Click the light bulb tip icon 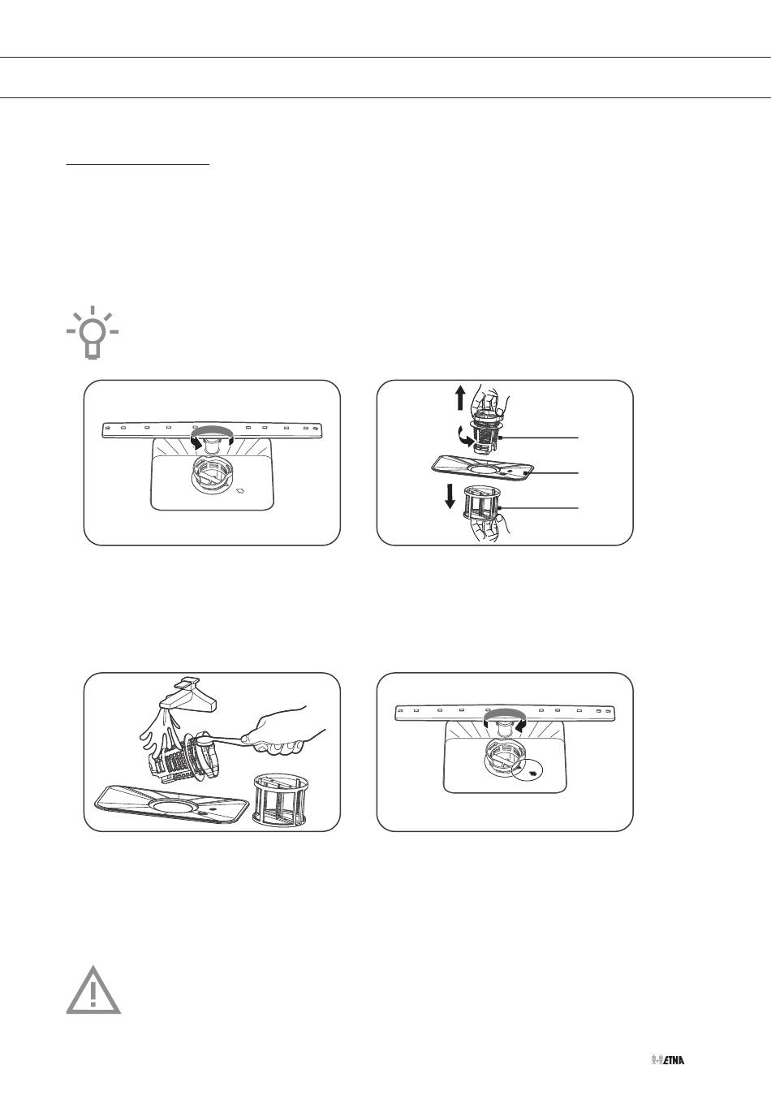point(93,333)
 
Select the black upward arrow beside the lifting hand point(459,397)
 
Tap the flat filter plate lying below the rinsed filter point(171,803)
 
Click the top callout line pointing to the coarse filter point(539,438)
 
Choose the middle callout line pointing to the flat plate point(553,473)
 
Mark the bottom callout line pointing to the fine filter point(540,508)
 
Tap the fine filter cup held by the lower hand point(483,502)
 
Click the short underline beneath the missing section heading point(138,165)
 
